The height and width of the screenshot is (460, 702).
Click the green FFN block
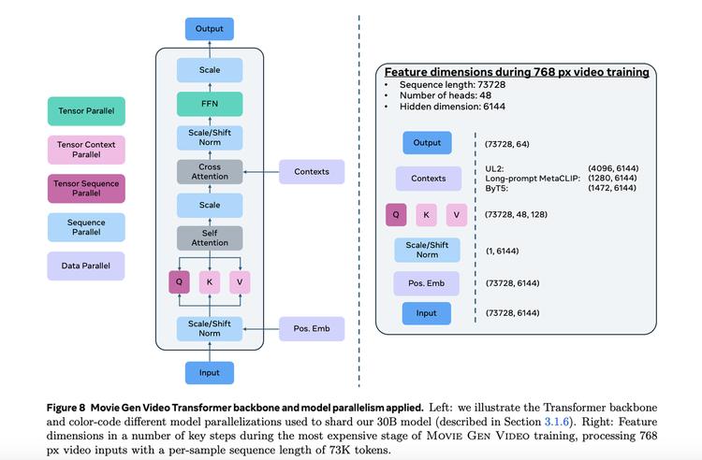(x=210, y=104)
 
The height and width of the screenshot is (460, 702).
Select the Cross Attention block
(x=210, y=171)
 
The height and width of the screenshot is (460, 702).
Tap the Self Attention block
(x=210, y=237)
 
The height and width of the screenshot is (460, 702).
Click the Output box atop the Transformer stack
(x=210, y=29)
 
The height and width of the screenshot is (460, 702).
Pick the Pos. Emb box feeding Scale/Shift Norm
(x=312, y=328)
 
